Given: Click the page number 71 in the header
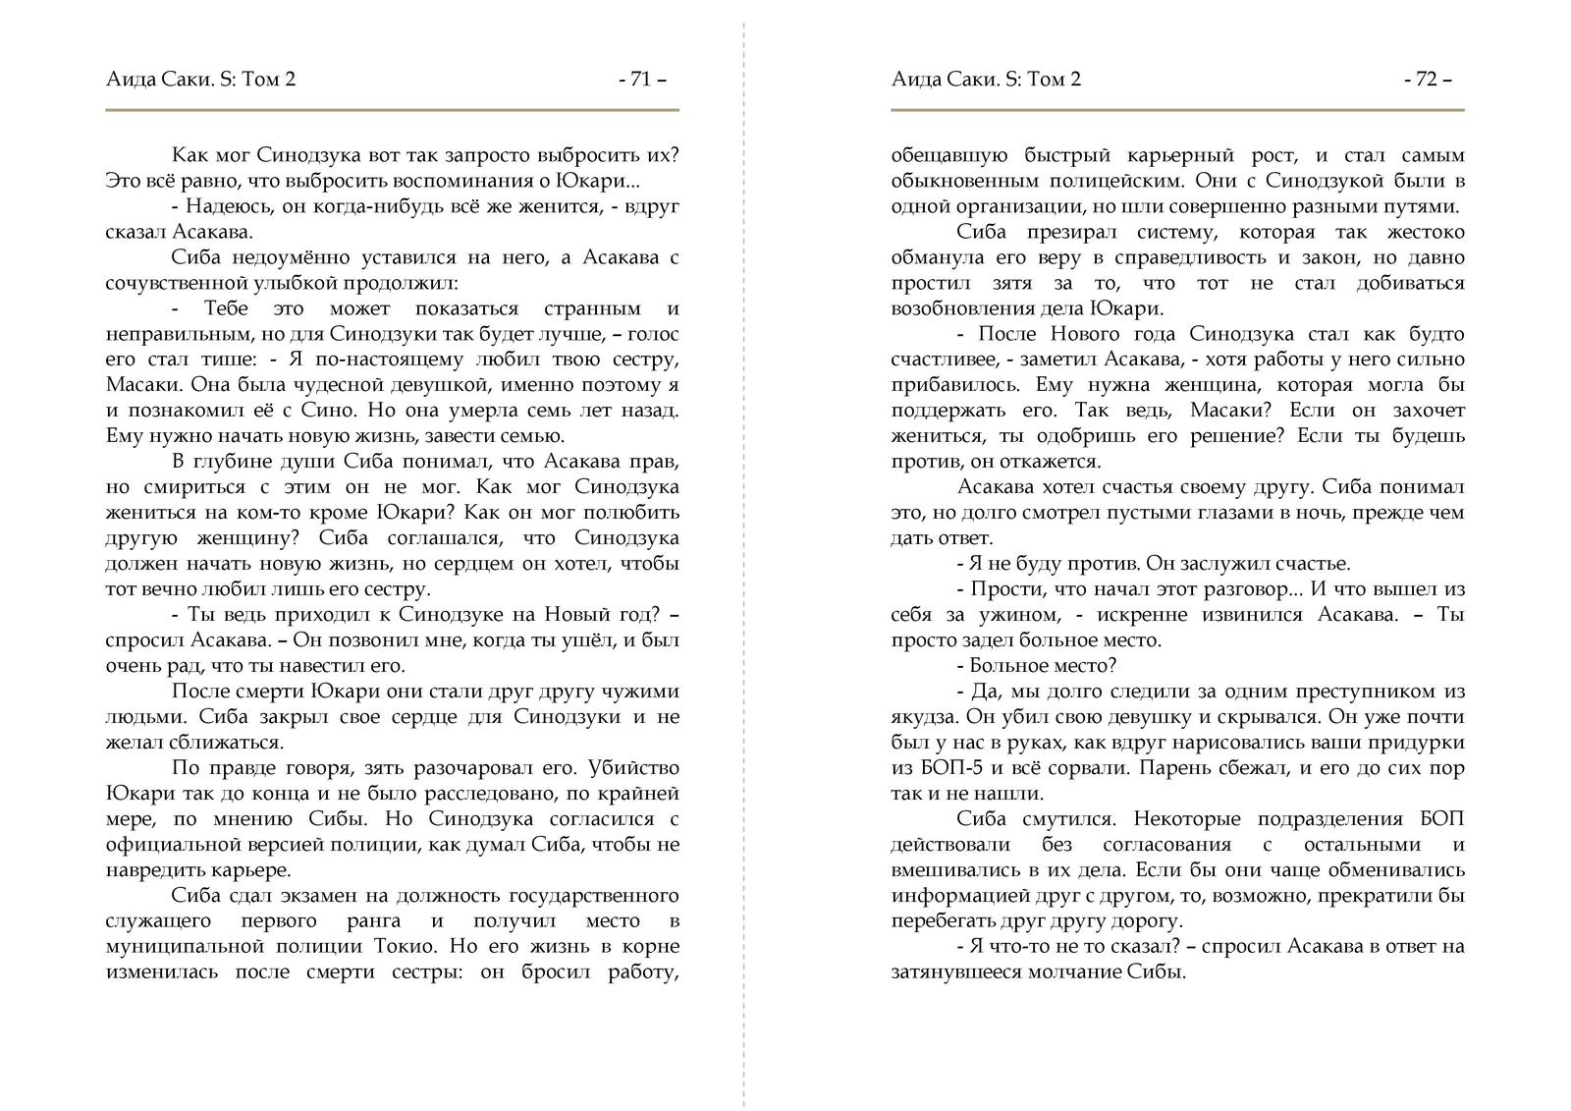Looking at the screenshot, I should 642,80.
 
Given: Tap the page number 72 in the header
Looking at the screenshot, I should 1427,80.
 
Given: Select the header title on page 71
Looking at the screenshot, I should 200,80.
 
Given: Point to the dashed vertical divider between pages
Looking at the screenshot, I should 744,555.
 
